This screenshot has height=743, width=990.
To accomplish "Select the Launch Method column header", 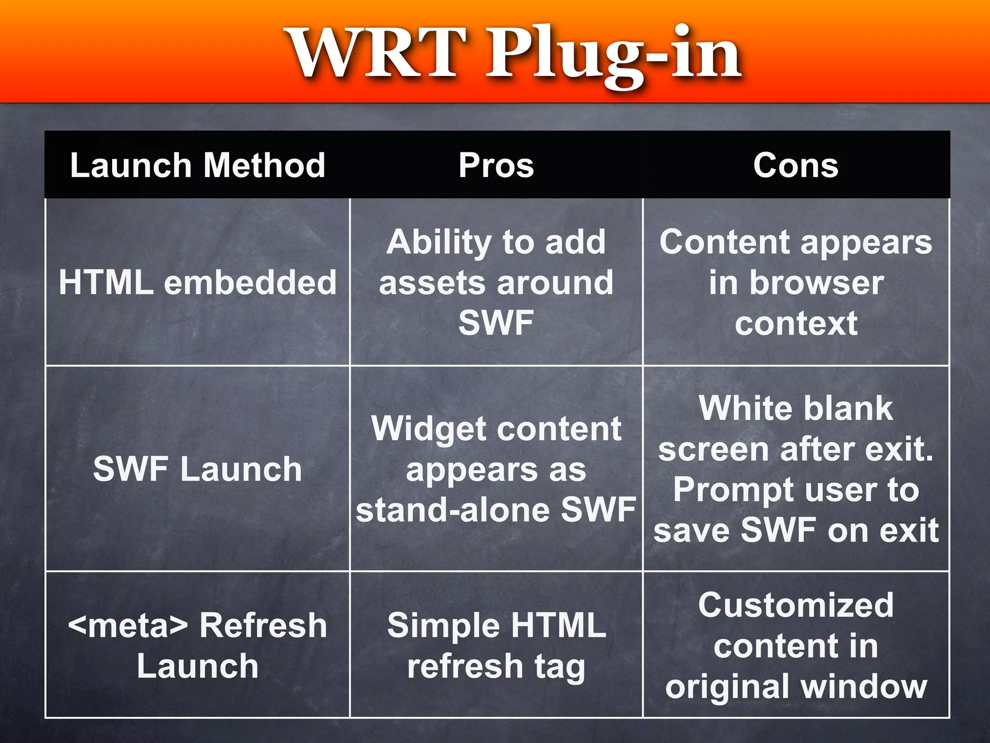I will [x=198, y=165].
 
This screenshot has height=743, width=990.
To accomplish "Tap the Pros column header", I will [x=496, y=165].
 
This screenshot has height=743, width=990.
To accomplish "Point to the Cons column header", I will [x=796, y=165].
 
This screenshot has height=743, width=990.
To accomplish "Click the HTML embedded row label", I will [x=198, y=282].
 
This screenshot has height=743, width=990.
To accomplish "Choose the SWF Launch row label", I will [x=198, y=469].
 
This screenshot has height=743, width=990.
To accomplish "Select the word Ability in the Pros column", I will [x=439, y=242].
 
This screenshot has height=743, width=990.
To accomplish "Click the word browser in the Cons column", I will [x=816, y=282].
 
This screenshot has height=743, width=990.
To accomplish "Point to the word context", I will [x=796, y=323].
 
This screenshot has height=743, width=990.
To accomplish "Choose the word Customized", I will [x=796, y=605].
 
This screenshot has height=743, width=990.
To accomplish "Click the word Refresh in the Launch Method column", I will [x=263, y=625].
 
